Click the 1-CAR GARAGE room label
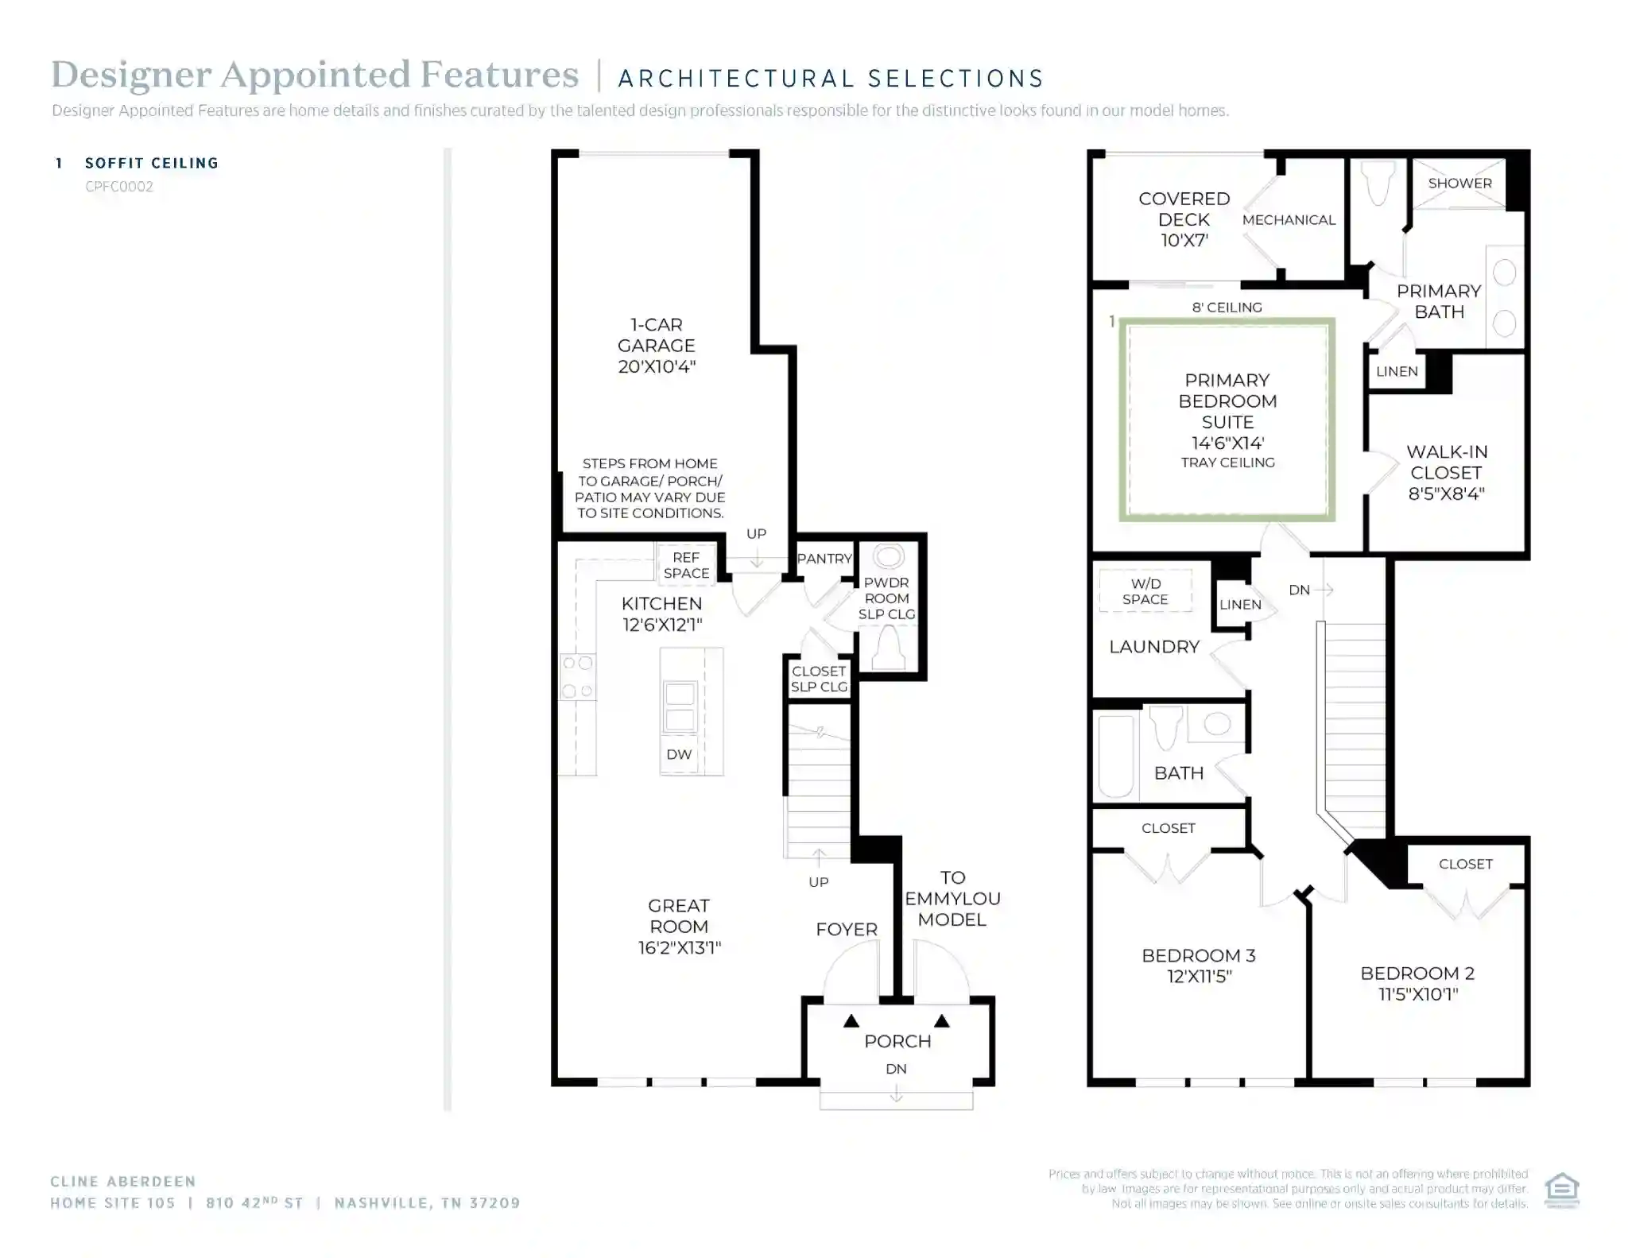click(657, 346)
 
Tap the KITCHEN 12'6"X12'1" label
click(662, 614)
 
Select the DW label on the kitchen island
click(679, 754)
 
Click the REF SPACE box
click(686, 565)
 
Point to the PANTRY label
click(824, 559)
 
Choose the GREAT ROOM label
click(679, 927)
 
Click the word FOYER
click(847, 929)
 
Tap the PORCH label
click(897, 1041)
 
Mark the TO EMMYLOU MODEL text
click(952, 899)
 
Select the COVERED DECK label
click(1184, 219)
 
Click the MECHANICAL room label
click(1289, 220)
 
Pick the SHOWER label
click(1459, 183)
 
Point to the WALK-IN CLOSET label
click(1447, 473)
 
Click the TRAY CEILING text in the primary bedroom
click(1227, 463)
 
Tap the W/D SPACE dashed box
click(1145, 590)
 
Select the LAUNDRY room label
click(1154, 647)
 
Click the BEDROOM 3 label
click(1199, 966)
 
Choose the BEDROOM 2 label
click(1417, 983)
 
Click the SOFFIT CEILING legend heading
click(152, 163)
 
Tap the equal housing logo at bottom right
click(1562, 1190)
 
